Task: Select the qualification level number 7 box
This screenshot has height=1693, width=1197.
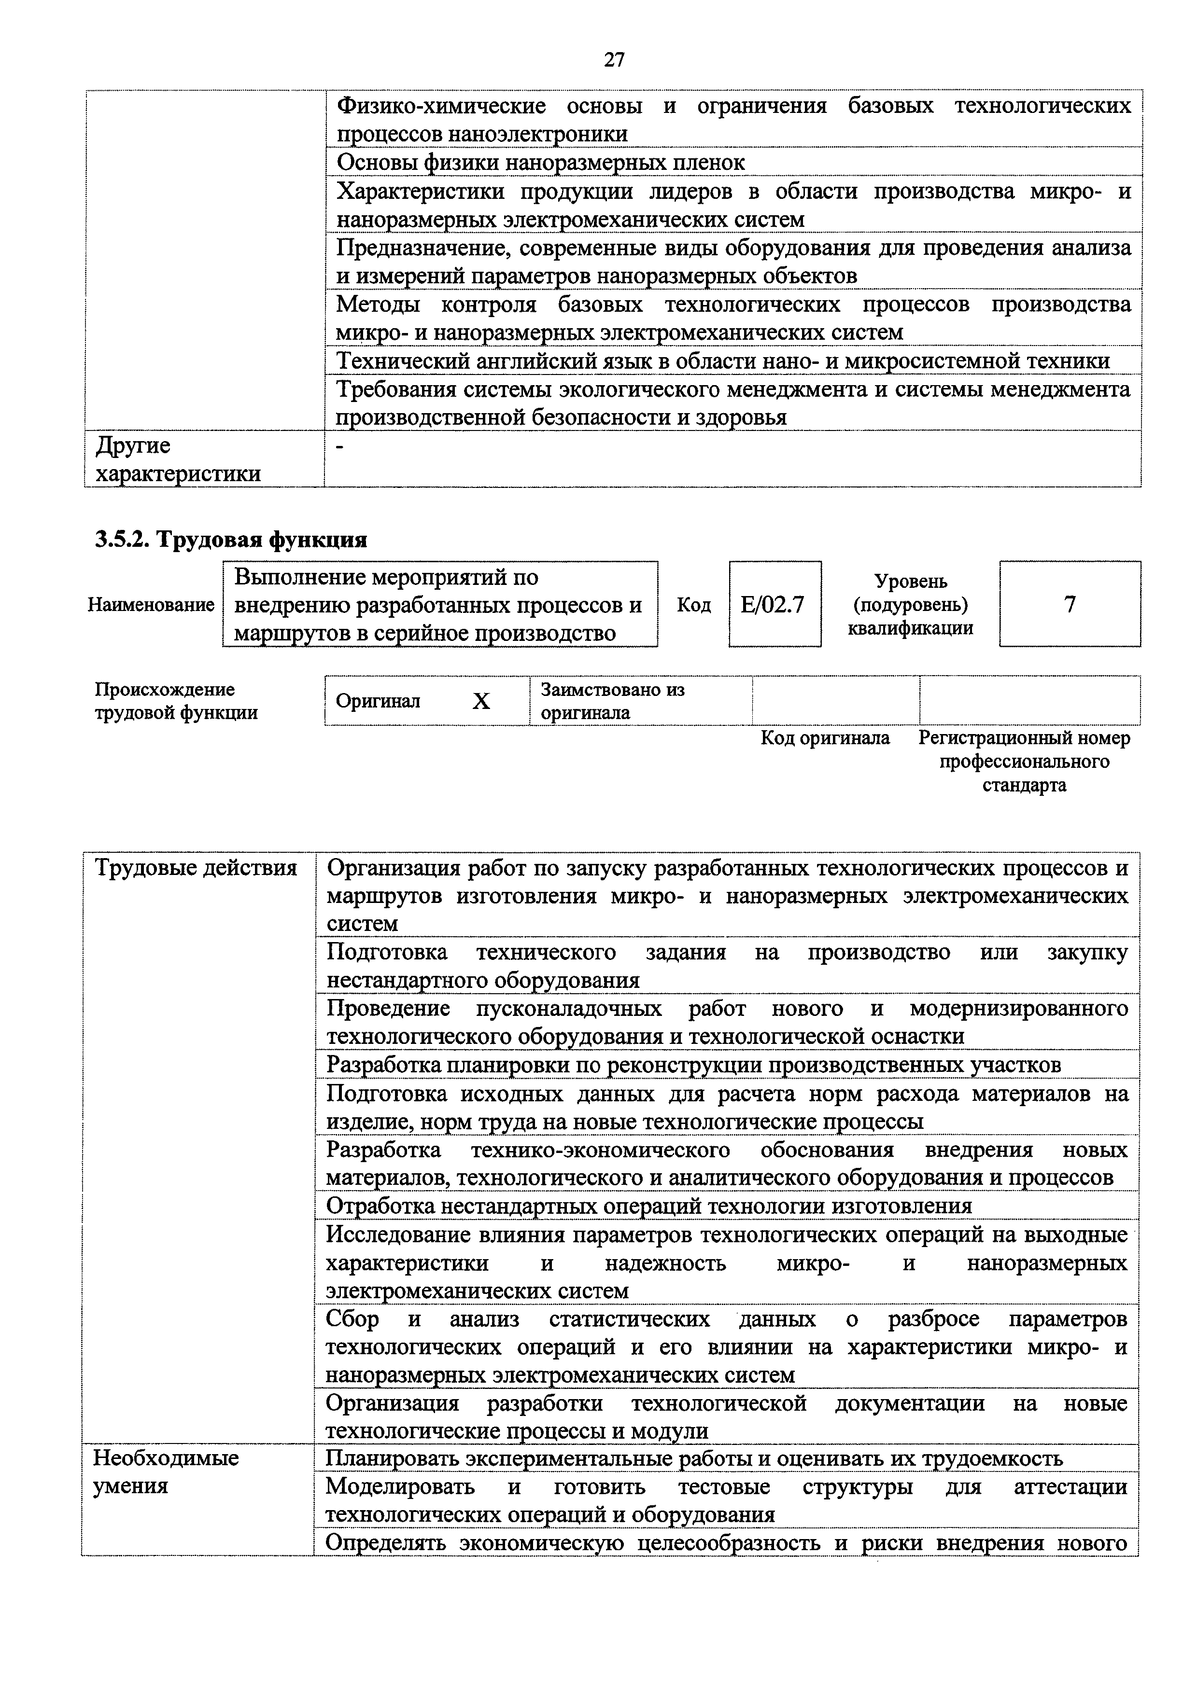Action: (x=1070, y=605)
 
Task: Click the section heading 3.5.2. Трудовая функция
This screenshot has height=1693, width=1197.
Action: (x=231, y=540)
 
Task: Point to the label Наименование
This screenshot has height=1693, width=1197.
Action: (x=151, y=605)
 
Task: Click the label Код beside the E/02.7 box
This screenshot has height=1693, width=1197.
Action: (x=693, y=605)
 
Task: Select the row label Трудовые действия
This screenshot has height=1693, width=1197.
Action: (x=196, y=868)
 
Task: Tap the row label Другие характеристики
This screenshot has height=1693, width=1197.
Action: (x=178, y=458)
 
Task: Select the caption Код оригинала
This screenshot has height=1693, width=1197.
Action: (x=825, y=738)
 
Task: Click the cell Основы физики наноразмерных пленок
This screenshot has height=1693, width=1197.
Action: (x=541, y=162)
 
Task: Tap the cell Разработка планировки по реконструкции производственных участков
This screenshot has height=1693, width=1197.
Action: (x=693, y=1065)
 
